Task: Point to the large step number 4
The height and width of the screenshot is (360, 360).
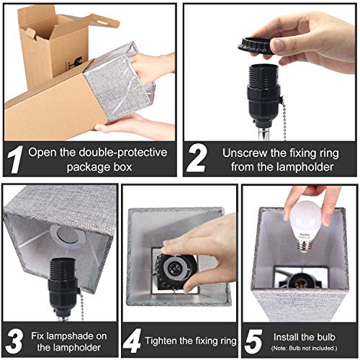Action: [x=132, y=340]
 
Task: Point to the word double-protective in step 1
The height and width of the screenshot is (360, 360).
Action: [x=131, y=152]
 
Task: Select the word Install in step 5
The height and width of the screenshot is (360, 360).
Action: [x=284, y=335]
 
